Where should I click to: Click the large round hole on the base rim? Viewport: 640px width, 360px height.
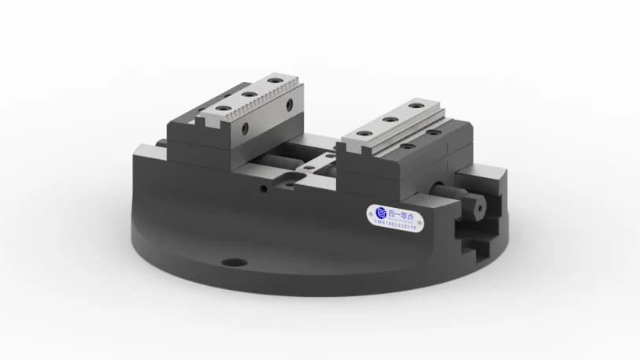(x=233, y=262)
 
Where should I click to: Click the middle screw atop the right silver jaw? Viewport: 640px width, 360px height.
(x=389, y=119)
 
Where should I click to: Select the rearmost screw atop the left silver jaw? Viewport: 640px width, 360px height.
(x=274, y=80)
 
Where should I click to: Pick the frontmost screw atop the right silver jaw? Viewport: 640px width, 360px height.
(x=364, y=133)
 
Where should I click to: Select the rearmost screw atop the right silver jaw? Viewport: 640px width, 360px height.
(x=413, y=106)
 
